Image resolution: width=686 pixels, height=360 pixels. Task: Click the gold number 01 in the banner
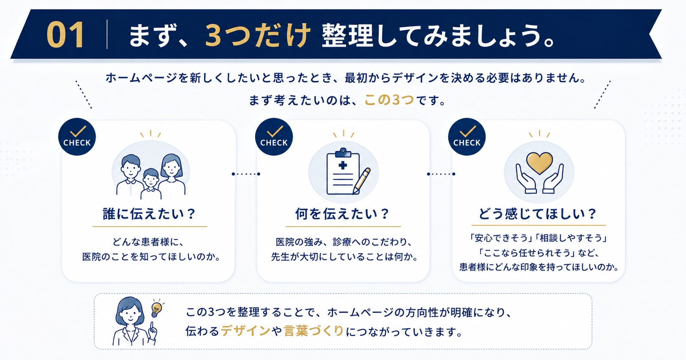click(65, 35)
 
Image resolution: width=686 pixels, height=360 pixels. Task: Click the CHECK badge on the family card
click(77, 137)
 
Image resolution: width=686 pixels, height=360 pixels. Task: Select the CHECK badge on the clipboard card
click(274, 137)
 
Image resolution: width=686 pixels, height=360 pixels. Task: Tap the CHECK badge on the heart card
click(467, 137)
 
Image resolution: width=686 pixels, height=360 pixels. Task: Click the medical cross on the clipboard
click(343, 166)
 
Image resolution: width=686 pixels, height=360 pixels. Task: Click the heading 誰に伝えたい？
click(149, 214)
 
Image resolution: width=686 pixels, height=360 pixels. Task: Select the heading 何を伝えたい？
click(342, 214)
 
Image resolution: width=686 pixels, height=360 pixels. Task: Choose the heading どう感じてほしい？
click(538, 214)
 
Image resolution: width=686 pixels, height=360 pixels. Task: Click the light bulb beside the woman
click(157, 309)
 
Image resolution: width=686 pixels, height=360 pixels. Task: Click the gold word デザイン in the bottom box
click(245, 331)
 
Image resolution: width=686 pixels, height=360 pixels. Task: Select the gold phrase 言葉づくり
click(313, 331)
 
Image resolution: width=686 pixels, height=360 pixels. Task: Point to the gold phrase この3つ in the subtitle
click(389, 100)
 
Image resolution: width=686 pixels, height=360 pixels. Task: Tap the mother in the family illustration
click(172, 174)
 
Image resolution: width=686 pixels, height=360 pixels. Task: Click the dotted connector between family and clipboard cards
click(246, 174)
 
